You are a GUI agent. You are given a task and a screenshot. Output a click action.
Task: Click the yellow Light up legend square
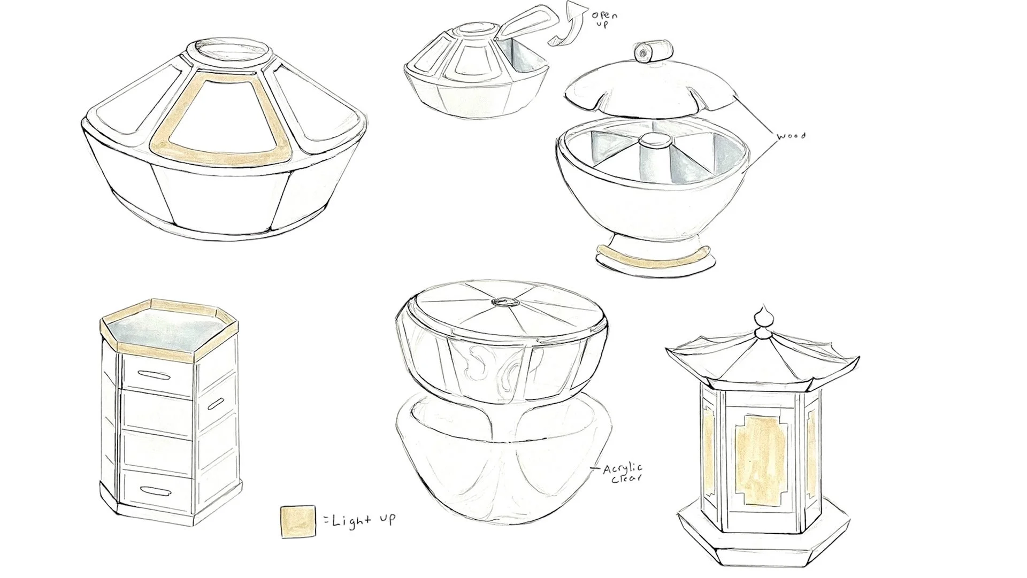click(x=297, y=522)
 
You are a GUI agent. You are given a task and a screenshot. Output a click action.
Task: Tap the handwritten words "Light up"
click(x=364, y=520)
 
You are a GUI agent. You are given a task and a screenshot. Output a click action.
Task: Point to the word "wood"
click(x=791, y=137)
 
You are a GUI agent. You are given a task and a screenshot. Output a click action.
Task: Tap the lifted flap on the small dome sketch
click(x=521, y=26)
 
